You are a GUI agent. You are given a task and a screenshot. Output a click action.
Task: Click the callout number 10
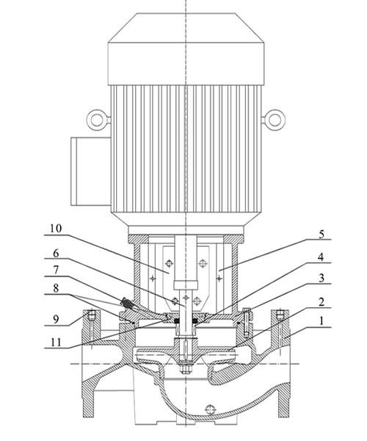pyautogui.click(x=56, y=228)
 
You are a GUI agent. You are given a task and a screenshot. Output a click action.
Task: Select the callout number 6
pyautogui.click(x=56, y=254)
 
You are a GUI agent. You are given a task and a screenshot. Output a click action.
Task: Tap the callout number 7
pyautogui.click(x=56, y=270)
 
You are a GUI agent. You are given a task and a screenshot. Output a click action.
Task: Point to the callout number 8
pyautogui.click(x=56, y=288)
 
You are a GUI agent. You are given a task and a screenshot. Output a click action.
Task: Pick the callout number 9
pyautogui.click(x=56, y=319)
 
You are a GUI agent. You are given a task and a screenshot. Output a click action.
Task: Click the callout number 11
pyautogui.click(x=56, y=343)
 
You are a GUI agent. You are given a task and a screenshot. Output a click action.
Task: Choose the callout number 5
pyautogui.click(x=321, y=234)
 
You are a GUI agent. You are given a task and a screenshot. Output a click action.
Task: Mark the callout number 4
pyautogui.click(x=321, y=257)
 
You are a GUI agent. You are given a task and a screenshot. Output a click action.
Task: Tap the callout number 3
pyautogui.click(x=321, y=278)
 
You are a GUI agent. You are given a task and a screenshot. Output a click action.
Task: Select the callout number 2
pyautogui.click(x=321, y=302)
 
